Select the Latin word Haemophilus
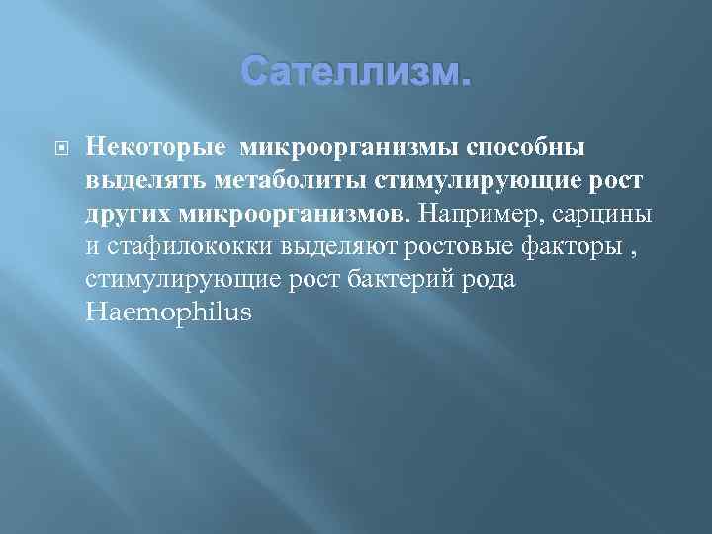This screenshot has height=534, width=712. pos(168,312)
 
